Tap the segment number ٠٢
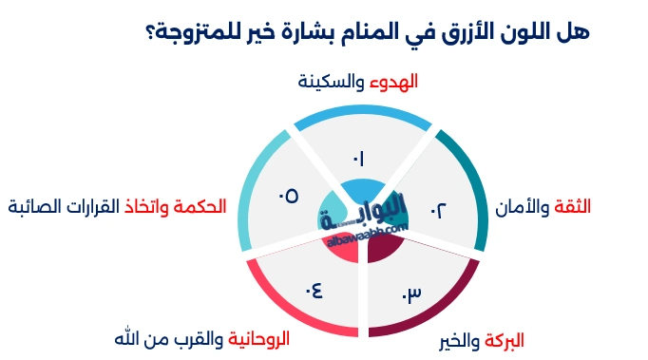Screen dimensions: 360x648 click(438, 209)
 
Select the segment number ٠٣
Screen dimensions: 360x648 click(410, 294)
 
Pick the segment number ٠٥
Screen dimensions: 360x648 click(288, 196)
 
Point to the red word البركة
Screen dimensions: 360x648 click(504, 340)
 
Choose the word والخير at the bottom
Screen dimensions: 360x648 click(456, 340)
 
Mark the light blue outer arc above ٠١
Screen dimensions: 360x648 click(363, 114)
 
